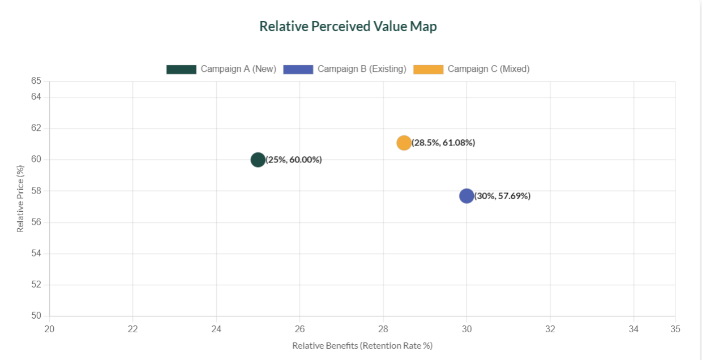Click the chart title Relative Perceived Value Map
pos(348,27)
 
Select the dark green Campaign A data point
pos(258,160)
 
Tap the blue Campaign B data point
pos(466,196)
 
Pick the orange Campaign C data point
pos(404,143)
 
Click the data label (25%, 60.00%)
pos(294,160)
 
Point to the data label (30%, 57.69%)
pos(503,196)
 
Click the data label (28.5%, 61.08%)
pos(443,143)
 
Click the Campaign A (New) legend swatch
pos(181,69)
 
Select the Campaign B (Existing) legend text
pos(362,69)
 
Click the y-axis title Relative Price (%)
pos(20,199)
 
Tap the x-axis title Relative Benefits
pos(362,345)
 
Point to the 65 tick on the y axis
pos(36,81)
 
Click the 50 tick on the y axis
pos(36,316)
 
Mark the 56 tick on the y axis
pos(36,222)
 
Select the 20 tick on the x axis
pos(49,329)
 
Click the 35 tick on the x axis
pos(675,329)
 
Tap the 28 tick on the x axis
pos(383,329)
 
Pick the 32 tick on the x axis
pos(550,329)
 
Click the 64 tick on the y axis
pos(36,97)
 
